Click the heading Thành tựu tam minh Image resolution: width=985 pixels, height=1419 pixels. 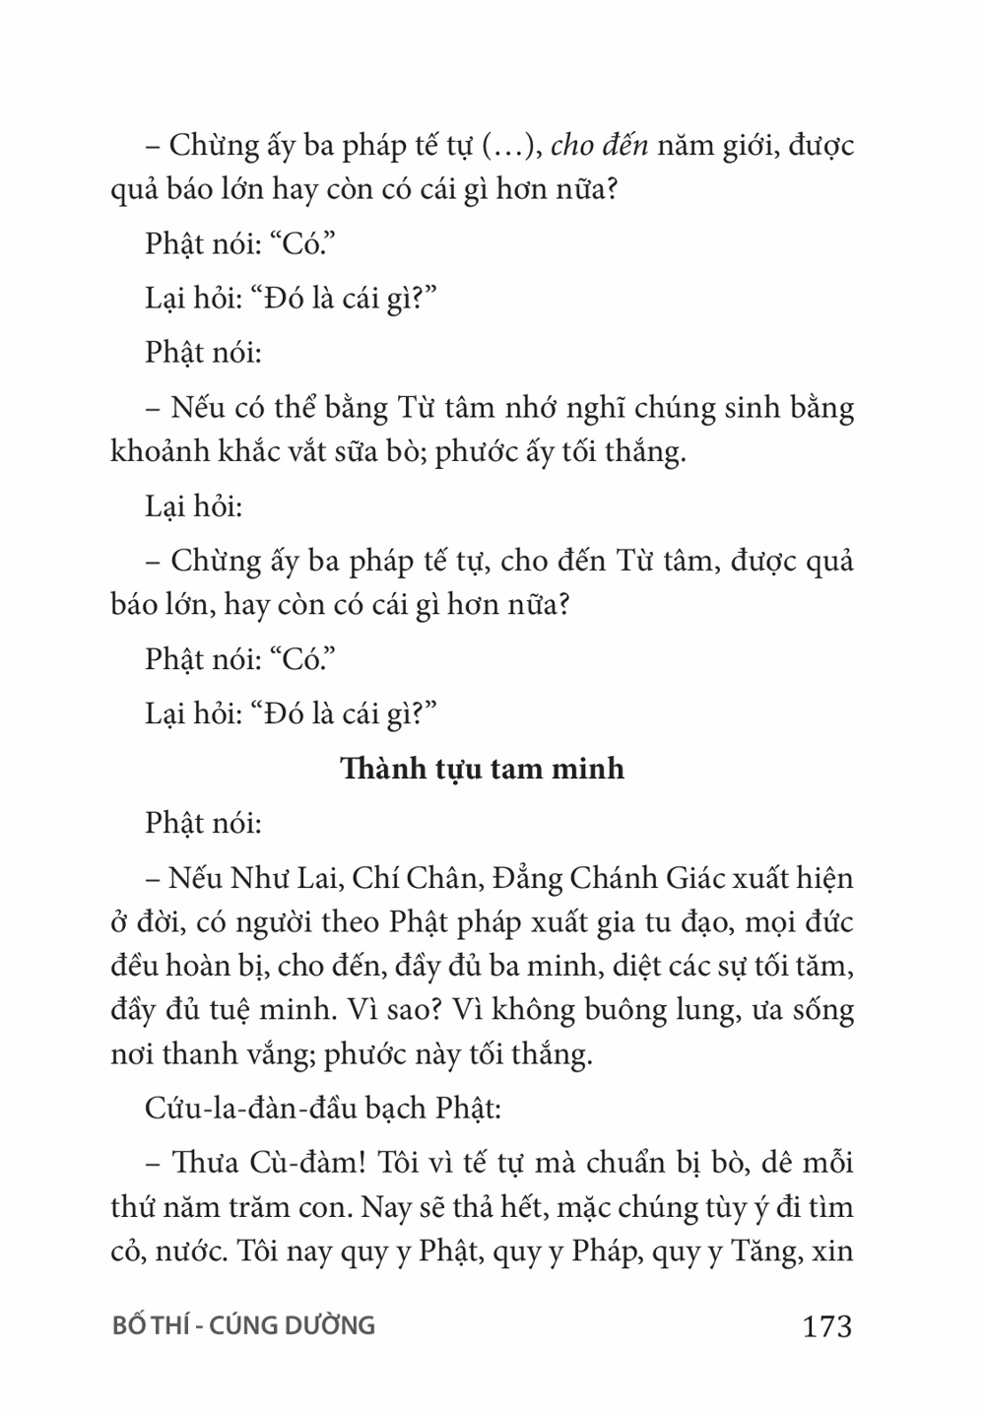point(482,768)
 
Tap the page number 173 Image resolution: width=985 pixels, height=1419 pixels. point(826,1326)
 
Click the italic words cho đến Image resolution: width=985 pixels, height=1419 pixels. point(599,146)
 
